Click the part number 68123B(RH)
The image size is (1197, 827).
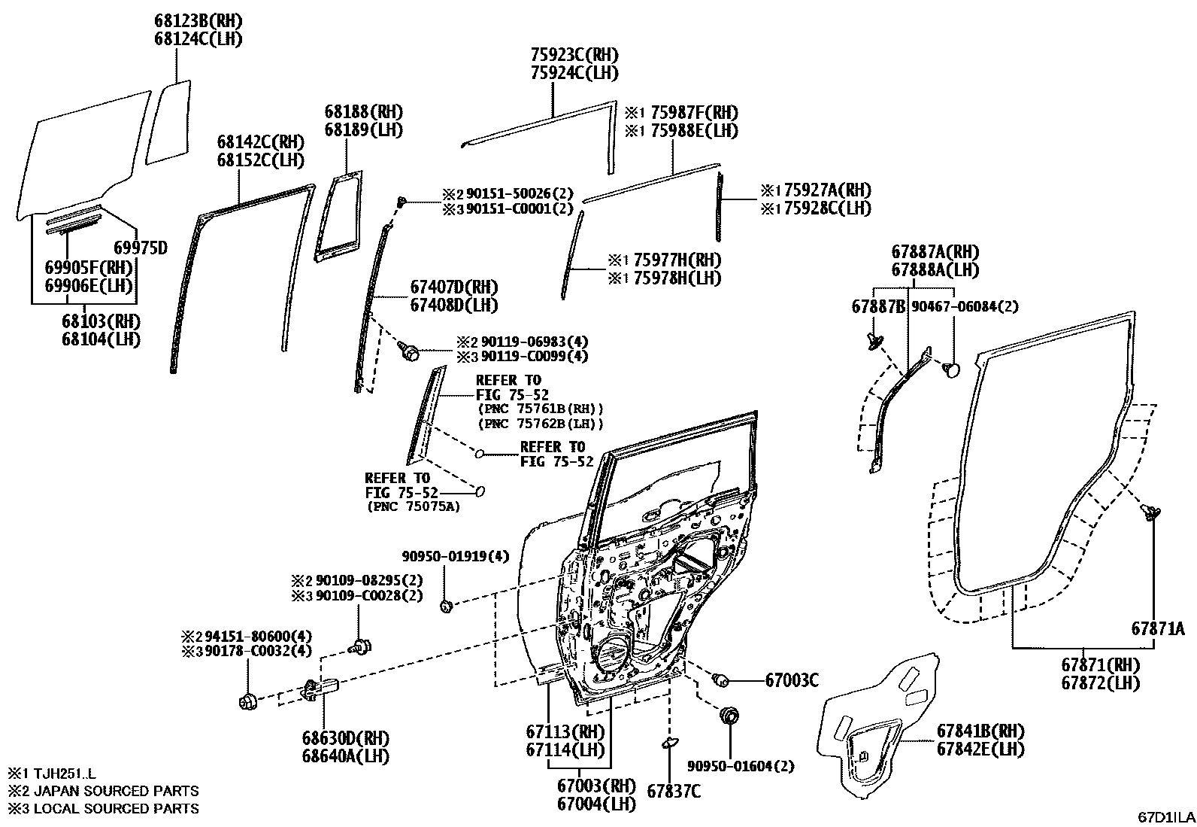198,21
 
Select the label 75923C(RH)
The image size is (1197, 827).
574,55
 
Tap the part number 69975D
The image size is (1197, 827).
140,248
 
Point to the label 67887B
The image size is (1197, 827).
877,307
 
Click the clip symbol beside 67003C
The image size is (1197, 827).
722,680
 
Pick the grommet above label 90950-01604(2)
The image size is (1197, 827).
728,715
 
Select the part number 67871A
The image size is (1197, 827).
1158,628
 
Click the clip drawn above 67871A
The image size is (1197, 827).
1150,513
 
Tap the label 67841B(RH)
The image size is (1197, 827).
980,731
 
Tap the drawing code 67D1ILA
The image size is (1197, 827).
1165,817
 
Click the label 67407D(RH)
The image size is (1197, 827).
453,287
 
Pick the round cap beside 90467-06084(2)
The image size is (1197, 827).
953,369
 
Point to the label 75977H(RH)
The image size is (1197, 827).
674,260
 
